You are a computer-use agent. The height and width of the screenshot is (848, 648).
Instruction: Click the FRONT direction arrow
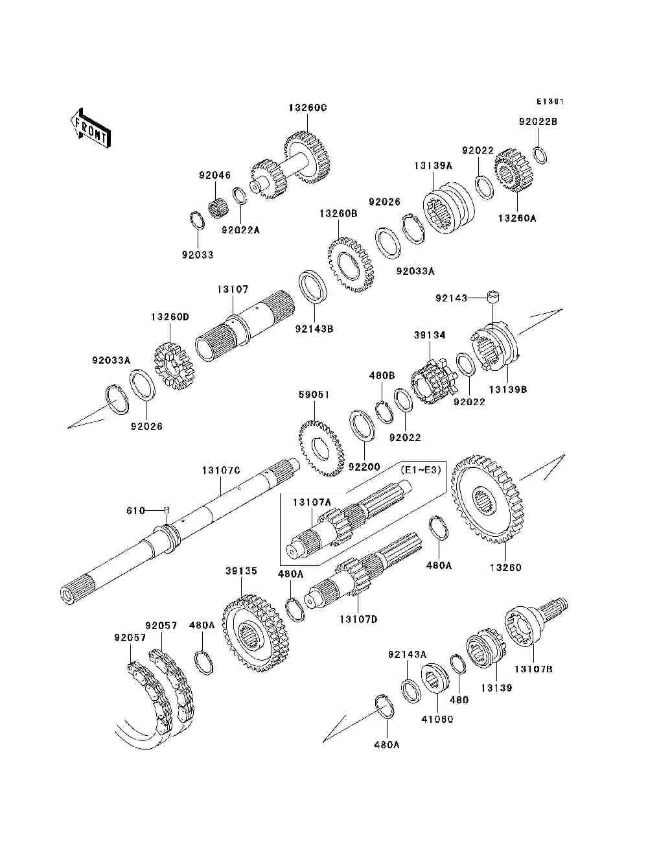click(90, 128)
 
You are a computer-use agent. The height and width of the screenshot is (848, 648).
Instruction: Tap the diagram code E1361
click(550, 102)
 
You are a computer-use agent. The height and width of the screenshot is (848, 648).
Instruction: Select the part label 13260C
click(308, 108)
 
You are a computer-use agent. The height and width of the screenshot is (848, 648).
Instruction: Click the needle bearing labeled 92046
click(219, 209)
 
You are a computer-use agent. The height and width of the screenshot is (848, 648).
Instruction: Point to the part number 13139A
click(433, 165)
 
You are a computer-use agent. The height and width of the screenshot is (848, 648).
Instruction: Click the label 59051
click(314, 394)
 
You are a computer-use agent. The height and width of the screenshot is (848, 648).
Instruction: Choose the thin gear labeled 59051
click(321, 449)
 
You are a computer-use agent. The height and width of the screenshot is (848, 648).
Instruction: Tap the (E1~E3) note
click(421, 470)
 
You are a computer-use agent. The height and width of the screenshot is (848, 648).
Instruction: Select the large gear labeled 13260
click(489, 499)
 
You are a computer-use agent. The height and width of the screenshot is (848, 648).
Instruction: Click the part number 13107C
click(221, 470)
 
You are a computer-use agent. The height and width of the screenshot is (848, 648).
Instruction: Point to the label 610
click(135, 510)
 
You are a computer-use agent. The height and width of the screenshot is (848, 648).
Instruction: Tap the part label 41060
click(437, 719)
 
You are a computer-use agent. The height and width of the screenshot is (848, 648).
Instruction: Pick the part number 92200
click(364, 466)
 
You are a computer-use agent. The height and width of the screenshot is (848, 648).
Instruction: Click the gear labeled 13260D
click(174, 366)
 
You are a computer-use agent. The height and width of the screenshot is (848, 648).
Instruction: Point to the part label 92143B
click(314, 329)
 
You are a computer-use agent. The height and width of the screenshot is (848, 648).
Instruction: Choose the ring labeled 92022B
click(540, 155)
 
